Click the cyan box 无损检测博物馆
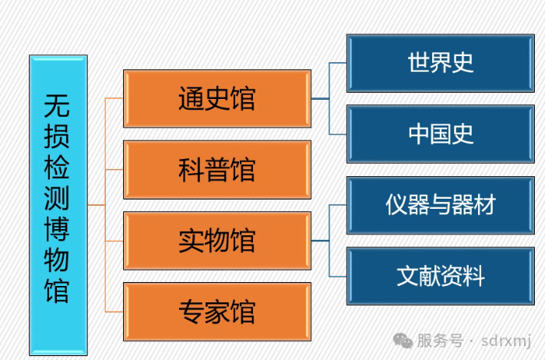[58, 205]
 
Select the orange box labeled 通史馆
[216, 99]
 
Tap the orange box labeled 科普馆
[216, 169]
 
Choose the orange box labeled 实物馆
[216, 241]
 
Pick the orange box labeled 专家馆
[216, 312]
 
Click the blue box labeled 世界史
[441, 63]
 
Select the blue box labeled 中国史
[441, 134]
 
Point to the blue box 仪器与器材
[441, 205]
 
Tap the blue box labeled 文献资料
[441, 276]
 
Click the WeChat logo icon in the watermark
[403, 341]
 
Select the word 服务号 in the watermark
[440, 341]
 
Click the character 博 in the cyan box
[58, 230]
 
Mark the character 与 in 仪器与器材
[441, 205]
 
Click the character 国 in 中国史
[441, 134]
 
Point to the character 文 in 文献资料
[408, 276]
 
